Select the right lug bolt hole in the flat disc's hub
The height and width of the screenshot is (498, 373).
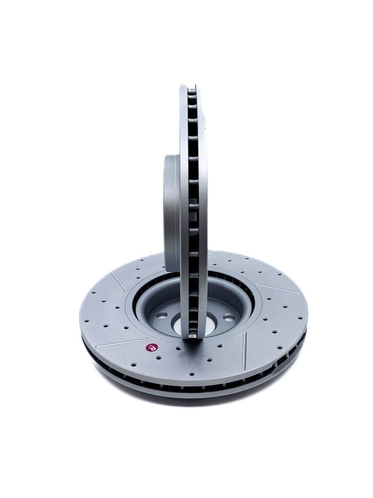[x=228, y=317]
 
